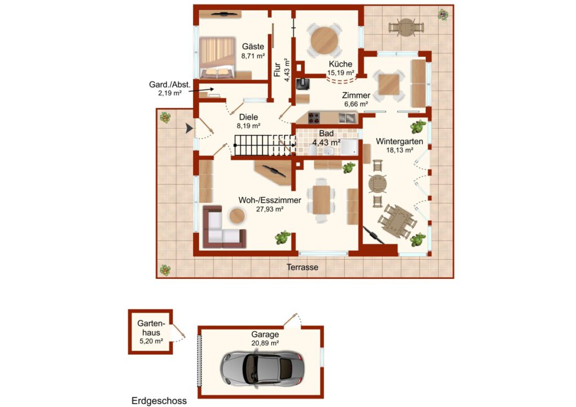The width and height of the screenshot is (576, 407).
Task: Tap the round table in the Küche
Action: [325, 40]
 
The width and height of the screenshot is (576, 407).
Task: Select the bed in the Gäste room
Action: [217, 57]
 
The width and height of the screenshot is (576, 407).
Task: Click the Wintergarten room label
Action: [399, 141]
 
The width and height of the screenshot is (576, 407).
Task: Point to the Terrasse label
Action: [302, 267]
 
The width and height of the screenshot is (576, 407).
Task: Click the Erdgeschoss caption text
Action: [159, 401]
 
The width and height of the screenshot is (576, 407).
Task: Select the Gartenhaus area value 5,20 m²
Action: [151, 341]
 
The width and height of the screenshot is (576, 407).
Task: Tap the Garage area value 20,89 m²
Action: [265, 343]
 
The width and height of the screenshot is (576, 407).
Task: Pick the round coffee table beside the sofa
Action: [237, 216]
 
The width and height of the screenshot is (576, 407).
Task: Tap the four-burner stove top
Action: [314, 118]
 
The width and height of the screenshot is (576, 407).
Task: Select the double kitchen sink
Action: [347, 117]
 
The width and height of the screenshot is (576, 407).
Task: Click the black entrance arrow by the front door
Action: [189, 128]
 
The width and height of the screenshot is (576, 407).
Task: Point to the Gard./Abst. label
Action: [170, 84]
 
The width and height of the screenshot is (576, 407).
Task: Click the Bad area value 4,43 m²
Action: [326, 142]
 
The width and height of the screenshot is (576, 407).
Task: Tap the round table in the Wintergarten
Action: [377, 183]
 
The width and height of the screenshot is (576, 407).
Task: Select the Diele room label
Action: [249, 117]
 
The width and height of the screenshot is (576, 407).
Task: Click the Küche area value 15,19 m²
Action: [340, 73]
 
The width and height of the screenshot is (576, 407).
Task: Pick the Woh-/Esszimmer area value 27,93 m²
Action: [269, 209]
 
